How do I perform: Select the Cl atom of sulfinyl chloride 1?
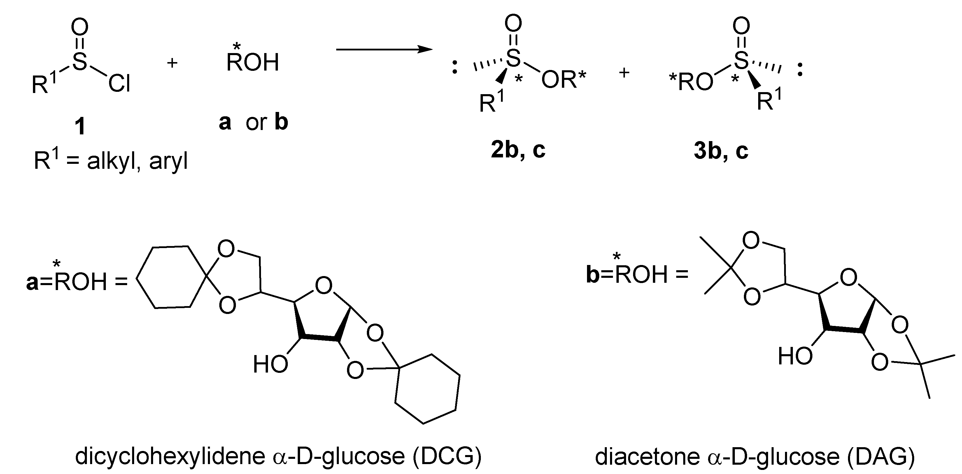pos(119,84)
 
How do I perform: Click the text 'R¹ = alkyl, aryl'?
pos(111,161)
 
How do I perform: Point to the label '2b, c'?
pos(518,150)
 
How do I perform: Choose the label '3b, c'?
pos(721,151)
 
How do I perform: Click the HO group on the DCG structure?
pos(270,364)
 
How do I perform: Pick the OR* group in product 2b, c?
pos(563,80)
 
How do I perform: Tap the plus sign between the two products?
pos(624,73)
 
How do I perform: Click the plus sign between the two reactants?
pos(172,63)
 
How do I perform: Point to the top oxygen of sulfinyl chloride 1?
pos(80,27)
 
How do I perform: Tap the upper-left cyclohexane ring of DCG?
pos(172,277)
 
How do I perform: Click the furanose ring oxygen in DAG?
pos(849,278)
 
